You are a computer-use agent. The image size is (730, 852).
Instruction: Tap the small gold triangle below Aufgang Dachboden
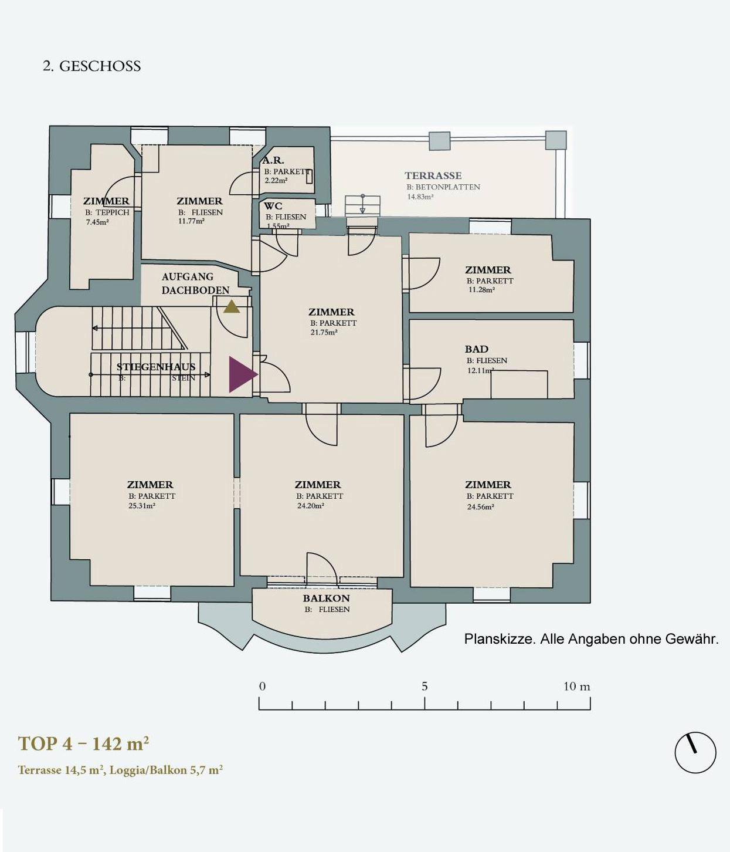(232, 306)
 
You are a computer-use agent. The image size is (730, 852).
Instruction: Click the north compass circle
(695, 752)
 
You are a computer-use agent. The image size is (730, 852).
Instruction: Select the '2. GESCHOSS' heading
(92, 66)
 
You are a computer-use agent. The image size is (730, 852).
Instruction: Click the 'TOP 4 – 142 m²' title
(83, 743)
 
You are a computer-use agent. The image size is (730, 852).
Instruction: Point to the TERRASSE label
(433, 175)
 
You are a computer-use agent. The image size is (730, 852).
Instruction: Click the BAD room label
(476, 349)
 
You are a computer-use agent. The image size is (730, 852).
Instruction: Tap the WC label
(273, 206)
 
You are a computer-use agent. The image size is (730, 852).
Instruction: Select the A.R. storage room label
(273, 160)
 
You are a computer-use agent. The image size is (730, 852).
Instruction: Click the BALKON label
(326, 599)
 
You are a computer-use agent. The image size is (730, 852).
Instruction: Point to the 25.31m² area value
(142, 506)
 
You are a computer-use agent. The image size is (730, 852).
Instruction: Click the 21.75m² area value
(324, 333)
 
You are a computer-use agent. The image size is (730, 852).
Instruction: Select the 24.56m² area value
(480, 507)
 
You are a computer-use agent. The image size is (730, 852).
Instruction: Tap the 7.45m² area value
(97, 222)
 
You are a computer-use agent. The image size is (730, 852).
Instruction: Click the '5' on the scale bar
(425, 686)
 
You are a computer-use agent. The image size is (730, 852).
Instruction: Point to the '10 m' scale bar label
(576, 686)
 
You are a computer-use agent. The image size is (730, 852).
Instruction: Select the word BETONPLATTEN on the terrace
(447, 187)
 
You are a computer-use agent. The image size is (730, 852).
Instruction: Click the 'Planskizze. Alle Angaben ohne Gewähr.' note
(591, 639)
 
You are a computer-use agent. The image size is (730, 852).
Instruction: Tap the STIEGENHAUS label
(156, 367)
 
